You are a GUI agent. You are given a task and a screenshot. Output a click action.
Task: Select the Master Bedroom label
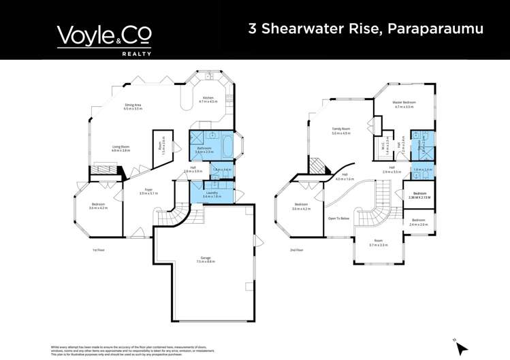click(x=404, y=105)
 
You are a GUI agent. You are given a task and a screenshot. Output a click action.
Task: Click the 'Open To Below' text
click(x=338, y=218)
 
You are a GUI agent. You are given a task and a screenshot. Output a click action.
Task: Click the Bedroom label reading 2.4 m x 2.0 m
click(x=419, y=223)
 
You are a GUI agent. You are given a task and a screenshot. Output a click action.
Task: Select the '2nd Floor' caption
click(x=296, y=250)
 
